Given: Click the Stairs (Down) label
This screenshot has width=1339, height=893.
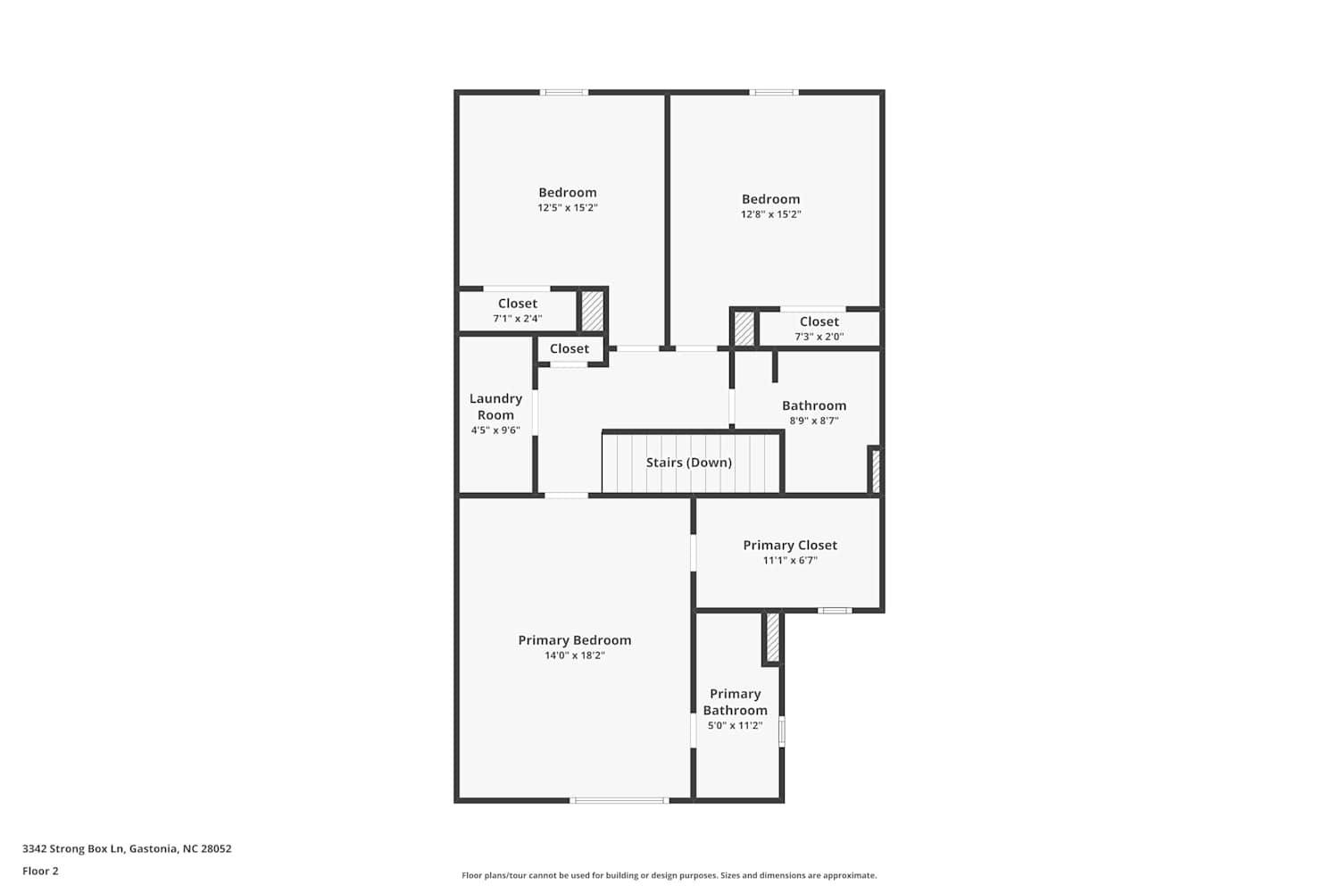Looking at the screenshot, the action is (688, 463).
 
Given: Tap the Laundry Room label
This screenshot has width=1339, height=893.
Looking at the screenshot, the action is (495, 406).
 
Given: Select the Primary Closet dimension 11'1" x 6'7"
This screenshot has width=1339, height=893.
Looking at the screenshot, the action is (790, 561).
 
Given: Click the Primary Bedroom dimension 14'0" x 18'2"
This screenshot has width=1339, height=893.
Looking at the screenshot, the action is (575, 655).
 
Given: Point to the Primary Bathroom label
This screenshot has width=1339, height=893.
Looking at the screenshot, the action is (736, 702).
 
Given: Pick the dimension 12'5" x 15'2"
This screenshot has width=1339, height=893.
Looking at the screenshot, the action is (567, 208).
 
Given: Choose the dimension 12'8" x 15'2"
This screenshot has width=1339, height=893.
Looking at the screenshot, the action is (770, 214).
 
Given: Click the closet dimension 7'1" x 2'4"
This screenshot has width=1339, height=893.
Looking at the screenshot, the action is (518, 319).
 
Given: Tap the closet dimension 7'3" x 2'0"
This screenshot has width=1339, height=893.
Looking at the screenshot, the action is (819, 337).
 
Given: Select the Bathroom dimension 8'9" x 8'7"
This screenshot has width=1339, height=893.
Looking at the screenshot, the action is (813, 421).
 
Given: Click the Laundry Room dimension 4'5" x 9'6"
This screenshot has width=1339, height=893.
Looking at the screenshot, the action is (495, 430).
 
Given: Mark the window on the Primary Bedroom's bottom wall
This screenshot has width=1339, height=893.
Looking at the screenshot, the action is (620, 800).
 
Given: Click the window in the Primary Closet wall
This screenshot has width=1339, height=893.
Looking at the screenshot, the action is (835, 611).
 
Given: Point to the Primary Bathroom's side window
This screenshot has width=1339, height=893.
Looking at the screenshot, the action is (782, 732).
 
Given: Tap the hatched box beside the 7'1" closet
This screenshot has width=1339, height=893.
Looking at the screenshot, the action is (593, 311).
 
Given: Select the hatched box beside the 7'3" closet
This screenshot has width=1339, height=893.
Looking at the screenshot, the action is (744, 329).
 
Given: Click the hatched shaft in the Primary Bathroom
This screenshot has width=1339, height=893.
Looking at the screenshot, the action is (773, 638).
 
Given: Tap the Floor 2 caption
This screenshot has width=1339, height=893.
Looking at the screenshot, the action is (41, 872).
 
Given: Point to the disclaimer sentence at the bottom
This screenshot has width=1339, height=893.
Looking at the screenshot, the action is (669, 876).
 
